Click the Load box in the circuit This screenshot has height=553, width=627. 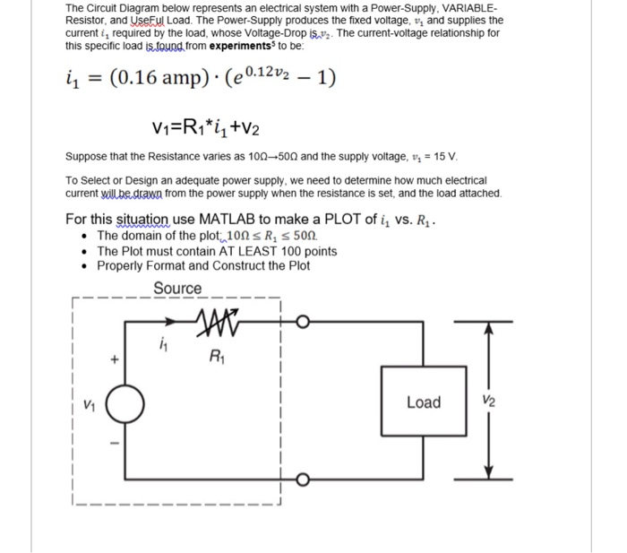click(423, 402)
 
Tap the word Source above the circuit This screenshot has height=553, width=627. click(177, 288)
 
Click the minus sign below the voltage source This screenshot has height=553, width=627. click(114, 443)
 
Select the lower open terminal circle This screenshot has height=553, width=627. click(304, 484)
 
